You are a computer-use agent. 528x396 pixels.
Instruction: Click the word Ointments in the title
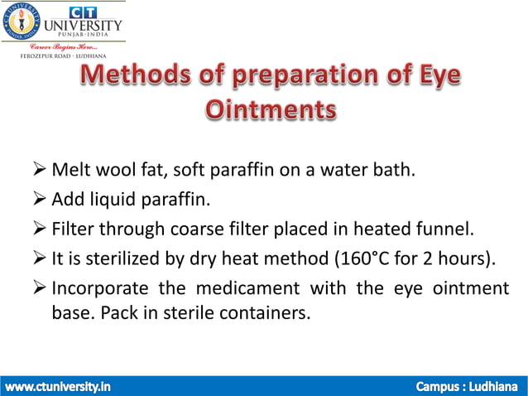[270, 111]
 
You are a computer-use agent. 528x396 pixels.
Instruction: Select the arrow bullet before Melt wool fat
[39, 171]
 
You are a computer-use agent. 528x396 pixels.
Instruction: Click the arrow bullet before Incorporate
[39, 287]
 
